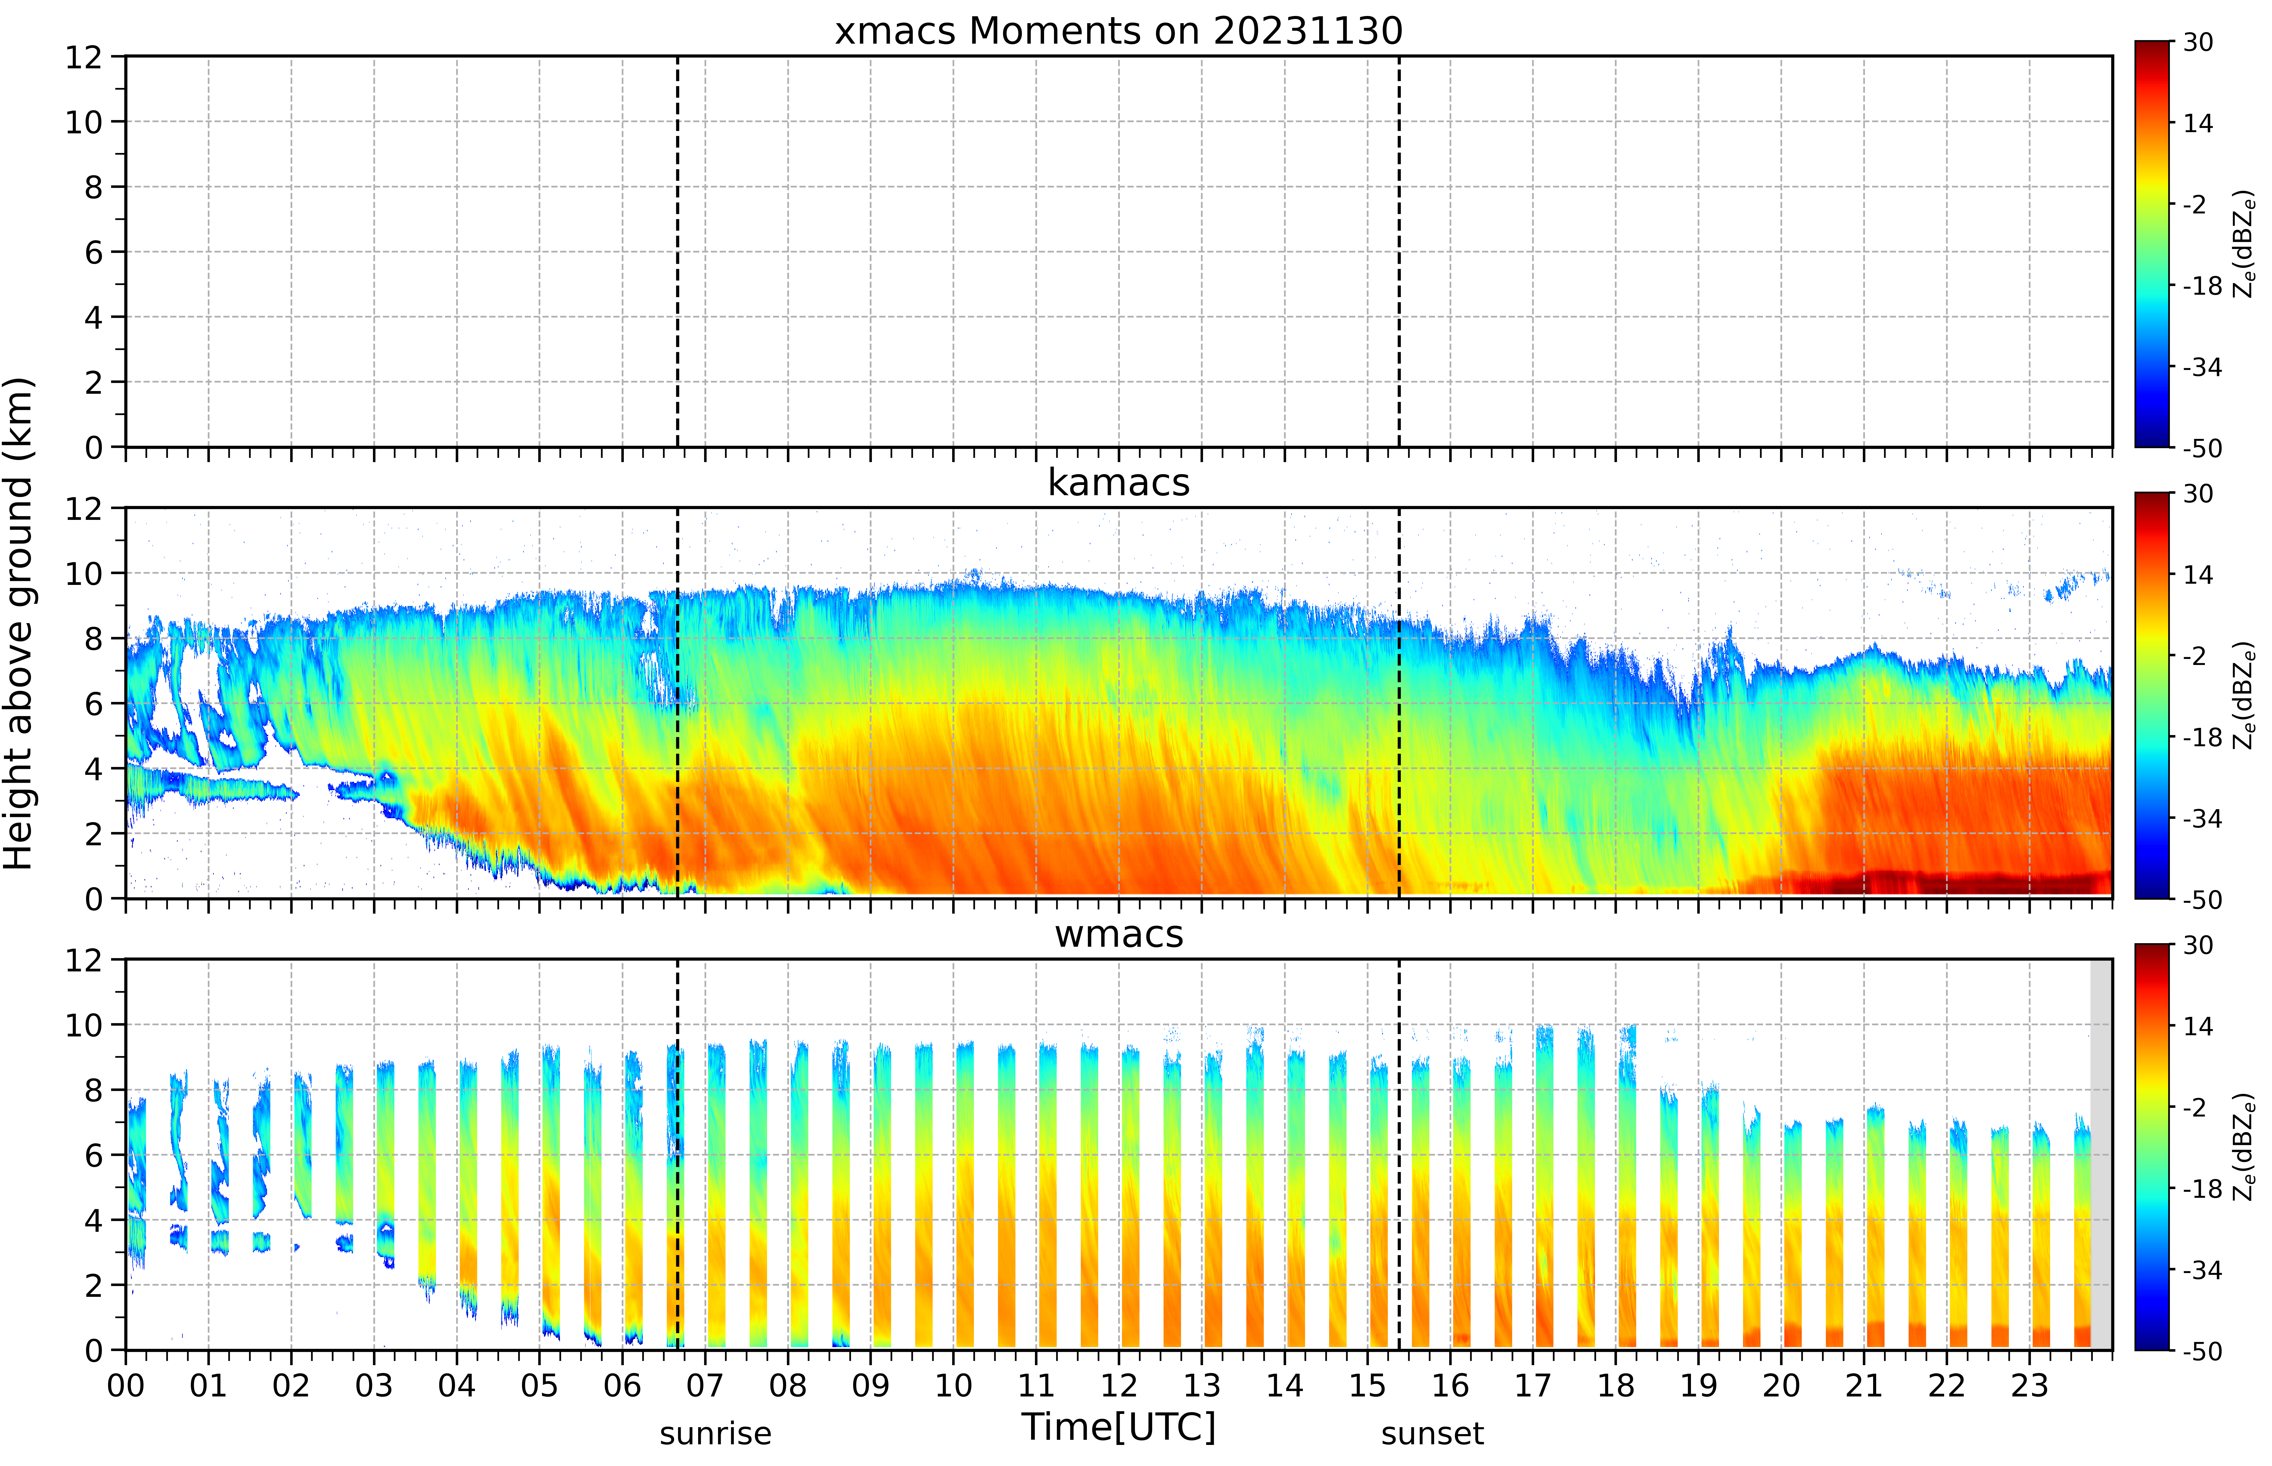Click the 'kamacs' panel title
(x=1118, y=483)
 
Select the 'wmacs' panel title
(x=1118, y=934)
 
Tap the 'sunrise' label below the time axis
(x=716, y=1433)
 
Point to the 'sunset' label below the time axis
(x=1432, y=1433)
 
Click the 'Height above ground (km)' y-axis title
(x=19, y=623)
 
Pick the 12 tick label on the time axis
(x=1119, y=1385)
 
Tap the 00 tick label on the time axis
(x=126, y=1385)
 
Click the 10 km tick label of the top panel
(x=84, y=122)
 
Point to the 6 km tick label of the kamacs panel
(x=93, y=703)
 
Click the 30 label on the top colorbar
(x=2198, y=42)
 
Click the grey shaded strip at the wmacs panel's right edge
(x=2101, y=1154)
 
